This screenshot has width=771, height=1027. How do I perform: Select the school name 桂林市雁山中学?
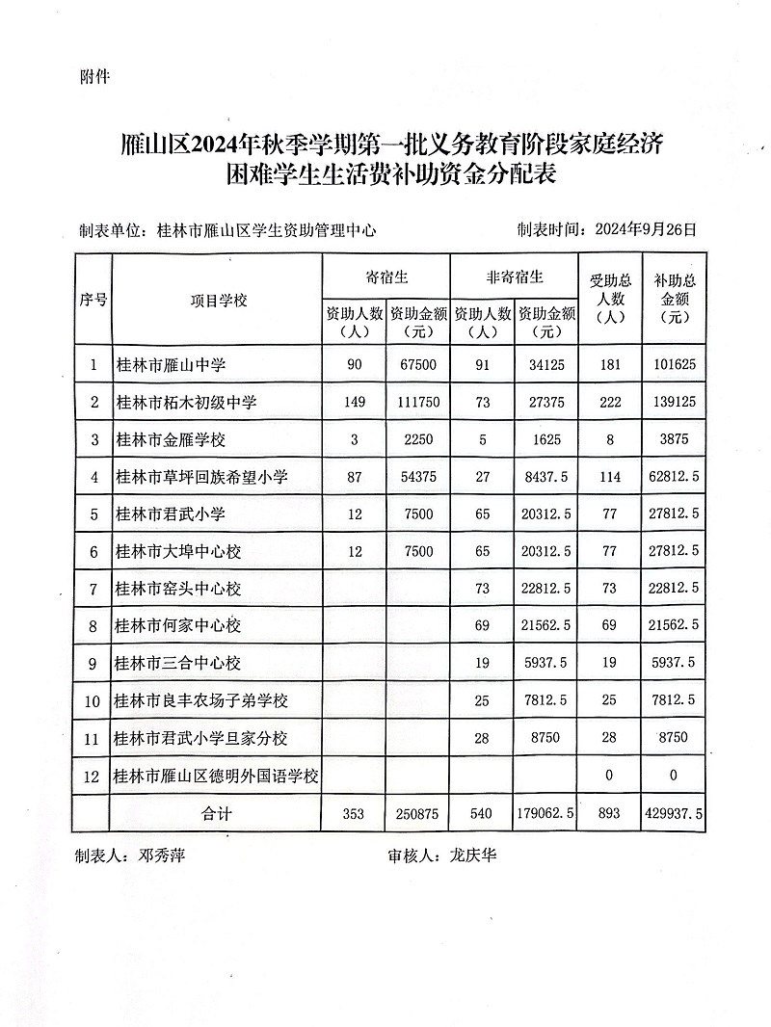(170, 365)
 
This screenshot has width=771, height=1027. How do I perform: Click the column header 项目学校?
(218, 300)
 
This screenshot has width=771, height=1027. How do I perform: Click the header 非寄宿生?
(515, 276)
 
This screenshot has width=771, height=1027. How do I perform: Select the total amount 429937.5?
(672, 813)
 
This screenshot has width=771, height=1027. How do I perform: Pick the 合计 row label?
(217, 813)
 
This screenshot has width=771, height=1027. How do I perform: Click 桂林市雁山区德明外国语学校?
(216, 776)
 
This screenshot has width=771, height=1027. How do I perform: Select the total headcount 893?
(610, 813)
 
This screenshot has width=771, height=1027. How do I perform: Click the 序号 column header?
(93, 300)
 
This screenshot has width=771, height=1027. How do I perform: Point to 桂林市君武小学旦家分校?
(200, 738)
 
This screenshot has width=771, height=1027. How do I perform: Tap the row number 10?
(93, 700)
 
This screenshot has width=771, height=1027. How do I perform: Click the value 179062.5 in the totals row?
(545, 813)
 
